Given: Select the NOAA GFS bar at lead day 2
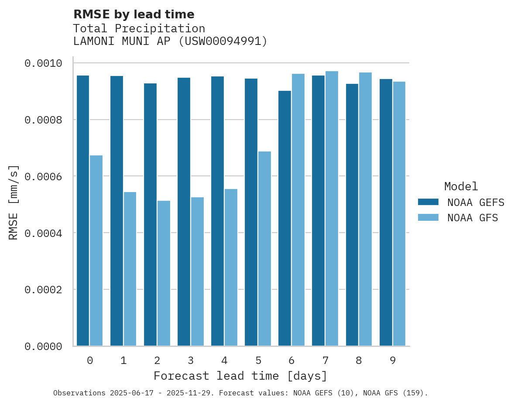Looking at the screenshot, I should pyautogui.click(x=164, y=273).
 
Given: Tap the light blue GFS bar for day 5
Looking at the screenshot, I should pyautogui.click(x=264, y=248).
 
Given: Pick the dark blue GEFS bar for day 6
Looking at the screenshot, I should pyautogui.click(x=284, y=218).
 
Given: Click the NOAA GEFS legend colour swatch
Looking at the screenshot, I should pyautogui.click(x=428, y=202).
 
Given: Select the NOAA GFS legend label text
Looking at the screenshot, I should pyautogui.click(x=473, y=218).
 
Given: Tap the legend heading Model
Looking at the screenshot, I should pyautogui.click(x=461, y=186).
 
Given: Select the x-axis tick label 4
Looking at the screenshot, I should pyautogui.click(x=224, y=360).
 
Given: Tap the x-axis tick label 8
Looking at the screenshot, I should pyautogui.click(x=359, y=360).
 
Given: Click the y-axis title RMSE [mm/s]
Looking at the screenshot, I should pyautogui.click(x=14, y=202).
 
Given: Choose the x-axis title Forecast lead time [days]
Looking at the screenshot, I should pyautogui.click(x=240, y=376).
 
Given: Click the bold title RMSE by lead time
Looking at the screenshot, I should pyautogui.click(x=134, y=14).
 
